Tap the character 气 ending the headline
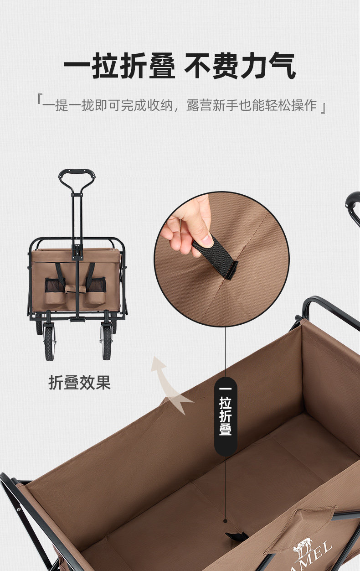click(282, 66)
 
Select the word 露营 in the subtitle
click(199, 105)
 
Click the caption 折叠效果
click(79, 383)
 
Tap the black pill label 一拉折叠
click(226, 416)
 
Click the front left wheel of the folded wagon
click(49, 342)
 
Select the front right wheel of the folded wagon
click(107, 342)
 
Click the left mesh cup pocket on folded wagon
click(55, 291)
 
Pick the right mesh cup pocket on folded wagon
click(96, 291)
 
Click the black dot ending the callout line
click(225, 521)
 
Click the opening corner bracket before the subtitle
click(40, 99)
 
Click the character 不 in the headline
click(198, 66)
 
